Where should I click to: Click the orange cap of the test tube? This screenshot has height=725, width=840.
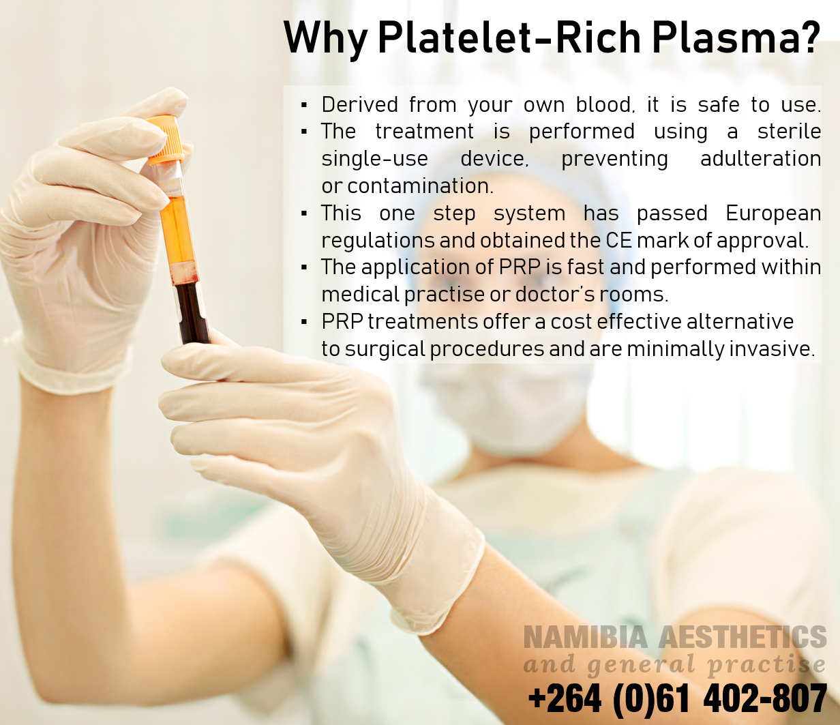point(164,139)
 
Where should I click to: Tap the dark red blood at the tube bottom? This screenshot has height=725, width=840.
point(192,312)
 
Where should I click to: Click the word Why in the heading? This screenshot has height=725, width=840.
point(326,38)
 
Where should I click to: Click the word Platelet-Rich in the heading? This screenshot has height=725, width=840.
point(509,37)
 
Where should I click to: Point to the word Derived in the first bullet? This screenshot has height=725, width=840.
point(359,104)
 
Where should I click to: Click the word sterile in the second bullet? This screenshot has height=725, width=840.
point(789,131)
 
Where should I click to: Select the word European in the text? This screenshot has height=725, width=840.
point(773,214)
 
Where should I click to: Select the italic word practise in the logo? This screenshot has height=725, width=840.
point(766,666)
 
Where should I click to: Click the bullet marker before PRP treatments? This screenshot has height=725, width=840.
point(304,323)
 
